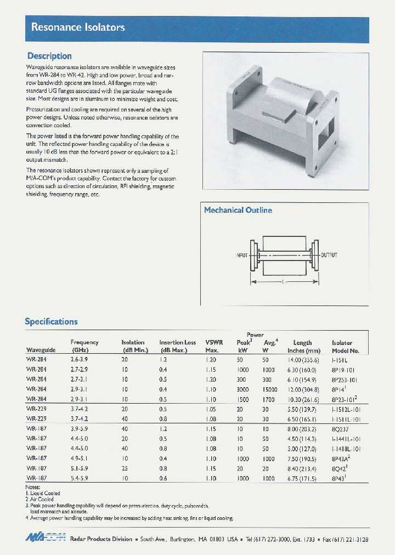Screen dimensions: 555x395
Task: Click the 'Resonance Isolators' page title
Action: coord(78,27)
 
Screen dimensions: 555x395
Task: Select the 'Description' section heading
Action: coord(49,56)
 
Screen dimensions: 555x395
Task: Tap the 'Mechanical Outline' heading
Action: coord(238,210)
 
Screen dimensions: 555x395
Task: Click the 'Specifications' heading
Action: coord(51,321)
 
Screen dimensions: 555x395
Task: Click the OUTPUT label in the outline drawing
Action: coord(329,255)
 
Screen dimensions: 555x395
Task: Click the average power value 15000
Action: coord(268,389)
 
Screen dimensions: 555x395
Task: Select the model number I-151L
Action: coord(340,359)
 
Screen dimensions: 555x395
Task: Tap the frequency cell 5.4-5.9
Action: coord(80,478)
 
